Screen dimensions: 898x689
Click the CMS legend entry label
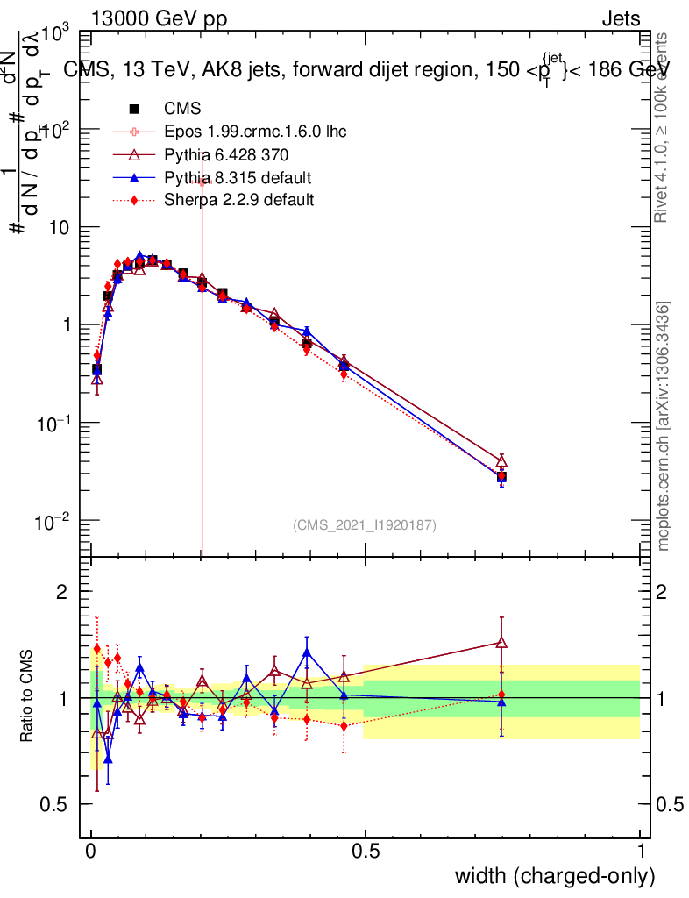click(182, 110)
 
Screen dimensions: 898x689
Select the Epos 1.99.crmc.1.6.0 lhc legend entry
click(255, 132)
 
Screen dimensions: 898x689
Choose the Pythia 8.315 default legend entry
click(238, 178)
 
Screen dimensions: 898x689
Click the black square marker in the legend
click(135, 110)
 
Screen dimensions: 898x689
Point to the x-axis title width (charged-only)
click(555, 875)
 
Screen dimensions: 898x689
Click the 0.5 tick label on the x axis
click(366, 851)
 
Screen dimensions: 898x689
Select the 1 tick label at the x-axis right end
click(641, 851)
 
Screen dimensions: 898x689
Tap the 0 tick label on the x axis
click(91, 851)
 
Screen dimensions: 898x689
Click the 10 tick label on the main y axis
click(60, 227)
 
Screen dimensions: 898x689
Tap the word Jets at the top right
click(620, 19)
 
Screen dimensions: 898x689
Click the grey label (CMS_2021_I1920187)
click(365, 524)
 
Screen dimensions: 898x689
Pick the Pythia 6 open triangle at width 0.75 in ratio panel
click(501, 643)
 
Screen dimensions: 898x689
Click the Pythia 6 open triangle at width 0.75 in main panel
click(501, 461)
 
